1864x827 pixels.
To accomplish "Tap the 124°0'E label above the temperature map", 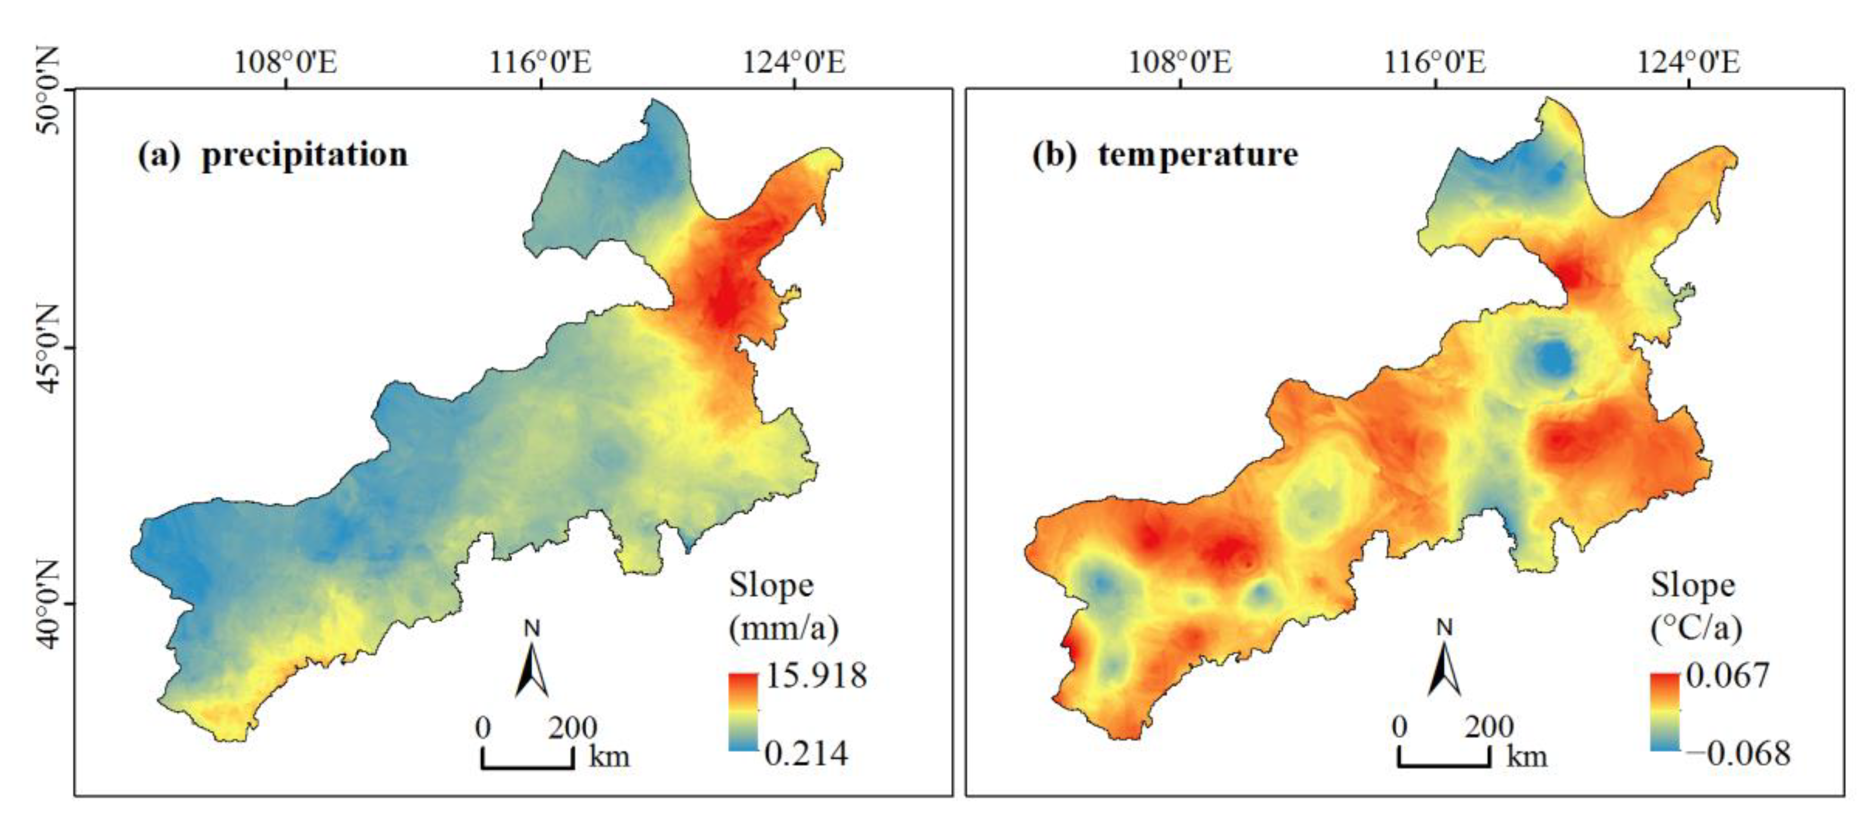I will tap(1688, 62).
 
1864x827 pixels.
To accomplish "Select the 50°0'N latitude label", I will tap(48, 90).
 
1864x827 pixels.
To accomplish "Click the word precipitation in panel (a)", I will tap(305, 155).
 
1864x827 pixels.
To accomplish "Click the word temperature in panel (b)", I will tap(1198, 155).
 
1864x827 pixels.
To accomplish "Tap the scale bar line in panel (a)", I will tap(528, 765).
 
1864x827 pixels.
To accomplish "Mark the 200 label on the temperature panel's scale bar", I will tap(1489, 726).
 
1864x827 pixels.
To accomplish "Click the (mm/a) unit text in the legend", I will tap(783, 628).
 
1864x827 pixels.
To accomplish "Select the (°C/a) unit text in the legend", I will tap(1695, 628).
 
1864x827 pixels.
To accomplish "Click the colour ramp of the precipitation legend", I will tap(743, 712).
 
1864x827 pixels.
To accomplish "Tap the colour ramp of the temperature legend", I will tap(1665, 712).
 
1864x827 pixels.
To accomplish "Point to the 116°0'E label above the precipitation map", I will tap(540, 62).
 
